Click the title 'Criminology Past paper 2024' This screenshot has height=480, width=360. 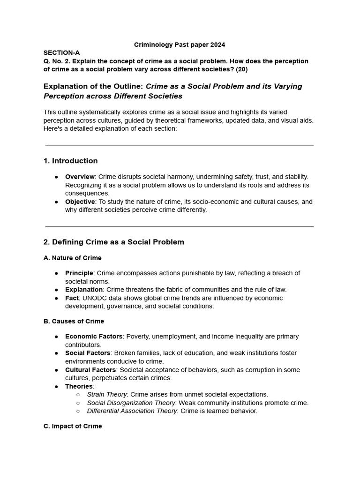(180, 45)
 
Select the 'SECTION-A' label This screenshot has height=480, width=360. (61, 53)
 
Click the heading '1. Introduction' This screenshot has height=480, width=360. (70, 161)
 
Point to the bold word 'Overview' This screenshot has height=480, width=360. (80, 177)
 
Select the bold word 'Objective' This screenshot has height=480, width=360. (80, 202)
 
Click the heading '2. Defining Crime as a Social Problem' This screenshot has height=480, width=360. (113, 242)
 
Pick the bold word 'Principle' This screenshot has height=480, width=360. (79, 273)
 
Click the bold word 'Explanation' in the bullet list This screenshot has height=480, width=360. (84, 290)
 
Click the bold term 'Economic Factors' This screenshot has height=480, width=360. (94, 337)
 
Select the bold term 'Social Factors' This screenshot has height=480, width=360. (88, 353)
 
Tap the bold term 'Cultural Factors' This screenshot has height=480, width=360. (90, 370)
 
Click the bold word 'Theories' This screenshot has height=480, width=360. (79, 386)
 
